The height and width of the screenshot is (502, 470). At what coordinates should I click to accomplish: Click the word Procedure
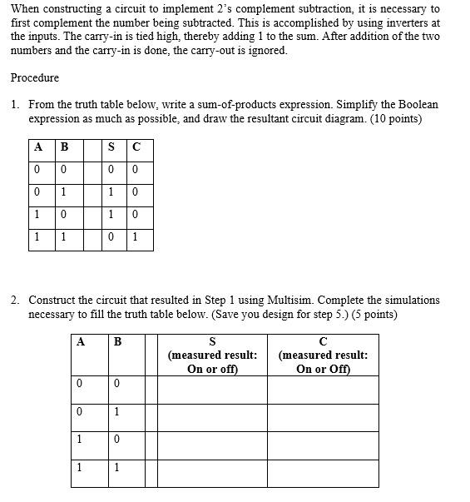35,78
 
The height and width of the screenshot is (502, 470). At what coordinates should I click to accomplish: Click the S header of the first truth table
111,148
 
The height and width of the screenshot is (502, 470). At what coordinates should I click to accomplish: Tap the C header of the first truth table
136,148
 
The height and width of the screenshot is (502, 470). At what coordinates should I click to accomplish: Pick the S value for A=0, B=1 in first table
111,192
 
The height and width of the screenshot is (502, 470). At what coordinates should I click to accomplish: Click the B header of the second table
117,340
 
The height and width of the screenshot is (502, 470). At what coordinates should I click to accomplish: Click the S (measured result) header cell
212,355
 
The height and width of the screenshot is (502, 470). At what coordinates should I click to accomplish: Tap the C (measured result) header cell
323,355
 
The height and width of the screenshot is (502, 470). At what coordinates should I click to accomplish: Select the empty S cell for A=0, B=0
212,390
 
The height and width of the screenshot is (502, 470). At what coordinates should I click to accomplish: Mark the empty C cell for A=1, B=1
323,472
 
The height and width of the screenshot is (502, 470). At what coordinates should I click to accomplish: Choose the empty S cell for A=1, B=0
212,445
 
